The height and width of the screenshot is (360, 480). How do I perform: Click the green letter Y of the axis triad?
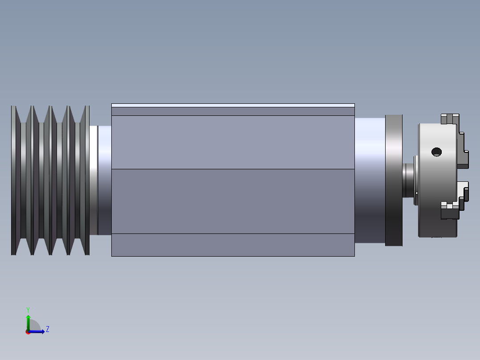point(28,309)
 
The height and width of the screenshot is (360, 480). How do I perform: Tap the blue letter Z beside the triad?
point(47,329)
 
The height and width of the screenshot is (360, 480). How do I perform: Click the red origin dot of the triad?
point(28,332)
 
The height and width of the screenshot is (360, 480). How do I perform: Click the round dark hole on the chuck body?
point(437,152)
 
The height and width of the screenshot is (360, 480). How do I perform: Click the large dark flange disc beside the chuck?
point(394,180)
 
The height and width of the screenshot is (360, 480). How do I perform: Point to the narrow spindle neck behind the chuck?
point(408,180)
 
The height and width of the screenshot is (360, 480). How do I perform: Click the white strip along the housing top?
point(233,105)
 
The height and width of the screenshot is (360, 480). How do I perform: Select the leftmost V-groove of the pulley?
point(24,180)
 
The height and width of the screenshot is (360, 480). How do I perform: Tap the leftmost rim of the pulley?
point(13,180)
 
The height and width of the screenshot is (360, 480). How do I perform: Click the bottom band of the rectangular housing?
point(233,245)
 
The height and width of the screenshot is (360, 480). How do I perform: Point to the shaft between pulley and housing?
point(105,180)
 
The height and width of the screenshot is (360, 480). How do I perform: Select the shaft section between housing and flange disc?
point(370,180)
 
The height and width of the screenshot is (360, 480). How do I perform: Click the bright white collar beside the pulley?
point(93,180)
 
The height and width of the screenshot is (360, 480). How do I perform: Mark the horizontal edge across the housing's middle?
point(233,169)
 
